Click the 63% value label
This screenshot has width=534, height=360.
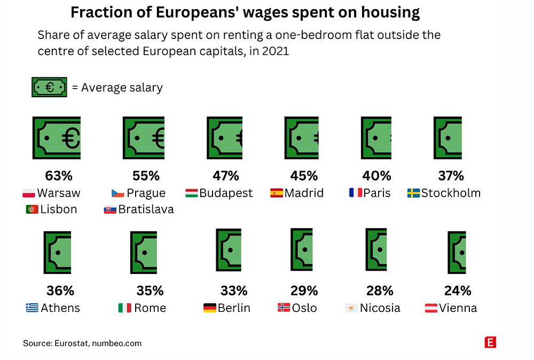pos(58,175)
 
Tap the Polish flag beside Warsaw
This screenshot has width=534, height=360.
pos(29,193)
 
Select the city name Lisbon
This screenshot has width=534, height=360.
pos(58,209)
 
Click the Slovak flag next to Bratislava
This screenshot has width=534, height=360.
pos(110,209)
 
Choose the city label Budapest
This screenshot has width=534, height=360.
pos(226,193)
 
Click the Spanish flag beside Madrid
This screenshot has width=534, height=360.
pos(277,193)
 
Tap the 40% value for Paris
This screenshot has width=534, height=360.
pos(378,175)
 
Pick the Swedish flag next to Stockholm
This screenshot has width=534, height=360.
pos(413,193)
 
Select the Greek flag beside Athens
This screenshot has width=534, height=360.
pos(32,308)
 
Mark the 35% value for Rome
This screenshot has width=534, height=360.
pos(150,291)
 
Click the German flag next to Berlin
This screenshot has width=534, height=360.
pos(210,308)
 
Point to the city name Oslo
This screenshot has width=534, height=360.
pos(304,308)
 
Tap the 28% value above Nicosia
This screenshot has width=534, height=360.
pos(380,291)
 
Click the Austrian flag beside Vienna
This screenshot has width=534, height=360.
pos(431,308)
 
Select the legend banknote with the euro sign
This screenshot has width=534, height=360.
pos(50,87)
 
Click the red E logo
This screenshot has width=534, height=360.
pos(490,342)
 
